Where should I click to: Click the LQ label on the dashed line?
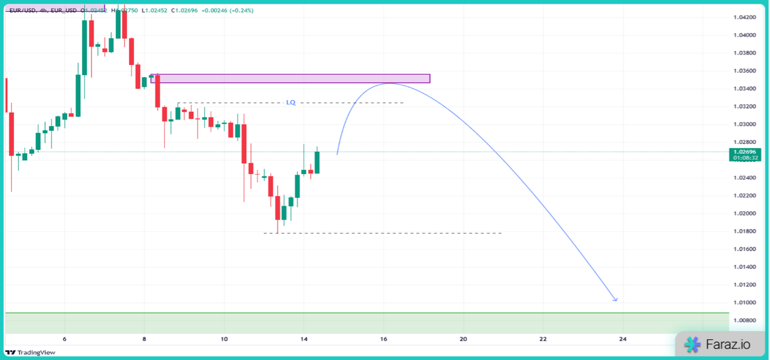(x=291, y=103)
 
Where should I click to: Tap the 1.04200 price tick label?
(x=744, y=17)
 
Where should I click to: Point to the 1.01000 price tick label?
(x=744, y=303)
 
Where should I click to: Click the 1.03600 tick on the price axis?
(x=744, y=71)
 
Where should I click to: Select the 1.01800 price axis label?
(x=744, y=231)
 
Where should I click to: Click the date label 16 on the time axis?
(x=384, y=339)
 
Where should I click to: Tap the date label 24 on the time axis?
(x=623, y=339)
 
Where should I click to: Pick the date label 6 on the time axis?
(x=64, y=339)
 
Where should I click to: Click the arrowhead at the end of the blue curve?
(x=616, y=300)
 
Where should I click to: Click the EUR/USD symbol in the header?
(x=22, y=10)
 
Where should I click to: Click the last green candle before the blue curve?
(x=317, y=163)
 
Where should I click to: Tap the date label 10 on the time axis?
(x=224, y=339)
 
